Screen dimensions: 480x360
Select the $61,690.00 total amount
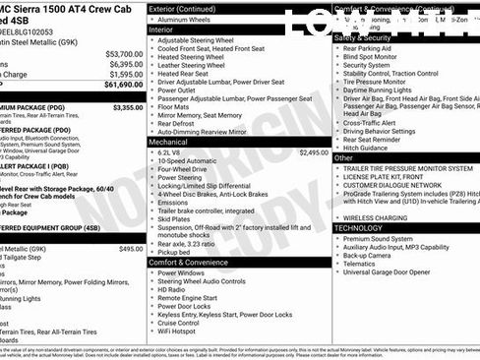pyautogui.click(x=123, y=86)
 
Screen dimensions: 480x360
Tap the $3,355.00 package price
pyautogui.click(x=127, y=107)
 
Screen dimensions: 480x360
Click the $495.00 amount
pyautogui.click(x=131, y=250)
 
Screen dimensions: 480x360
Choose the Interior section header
pyautogui.click(x=161, y=30)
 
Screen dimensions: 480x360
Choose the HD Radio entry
pyautogui.click(x=174, y=290)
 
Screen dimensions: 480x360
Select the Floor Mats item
pyautogui.click(x=176, y=106)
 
